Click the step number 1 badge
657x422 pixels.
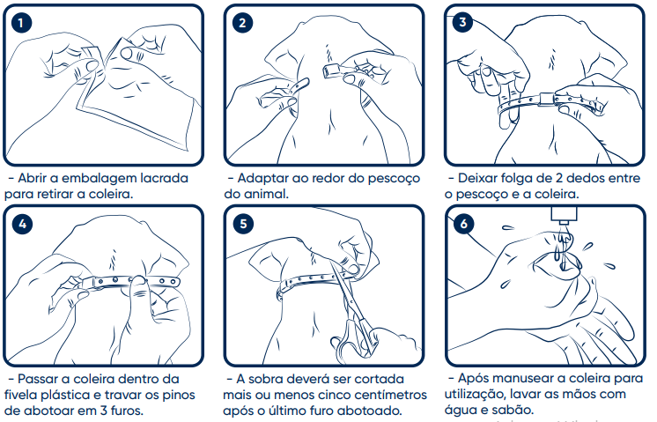point(21,23)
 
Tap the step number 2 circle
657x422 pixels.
point(242,23)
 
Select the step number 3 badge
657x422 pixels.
point(462,22)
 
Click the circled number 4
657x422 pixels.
point(22,224)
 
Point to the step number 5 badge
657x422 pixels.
point(243,224)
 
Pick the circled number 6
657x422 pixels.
point(463,224)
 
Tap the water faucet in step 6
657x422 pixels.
point(564,215)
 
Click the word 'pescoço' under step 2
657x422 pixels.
point(394,179)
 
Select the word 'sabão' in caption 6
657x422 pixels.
point(515,410)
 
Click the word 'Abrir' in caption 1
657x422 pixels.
point(32,178)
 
